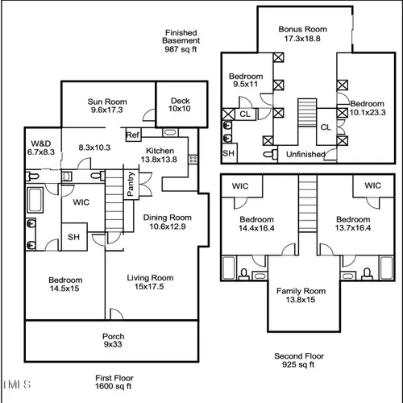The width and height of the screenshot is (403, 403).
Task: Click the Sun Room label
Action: pos(107,102)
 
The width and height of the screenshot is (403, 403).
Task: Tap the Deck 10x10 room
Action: pos(182,104)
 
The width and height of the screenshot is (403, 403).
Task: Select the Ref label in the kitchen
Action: pos(133,135)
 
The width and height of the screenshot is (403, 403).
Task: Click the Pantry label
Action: pos(131,184)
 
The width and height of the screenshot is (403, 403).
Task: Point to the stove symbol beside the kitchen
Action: pos(193,159)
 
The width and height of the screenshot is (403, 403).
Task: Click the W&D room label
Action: pos(41,143)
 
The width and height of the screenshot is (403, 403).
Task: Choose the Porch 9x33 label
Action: pos(113,340)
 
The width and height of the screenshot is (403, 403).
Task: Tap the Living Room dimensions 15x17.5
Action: pos(149,287)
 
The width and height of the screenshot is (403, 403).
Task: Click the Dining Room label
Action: pos(168,218)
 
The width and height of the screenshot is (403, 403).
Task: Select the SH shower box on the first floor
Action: pos(74,237)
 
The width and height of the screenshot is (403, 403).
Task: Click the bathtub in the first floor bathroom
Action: pos(35,200)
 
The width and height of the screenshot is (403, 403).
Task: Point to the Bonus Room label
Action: pos(303,29)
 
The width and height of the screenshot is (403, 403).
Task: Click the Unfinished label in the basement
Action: pos(305,154)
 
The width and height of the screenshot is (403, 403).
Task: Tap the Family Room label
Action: pos(301,291)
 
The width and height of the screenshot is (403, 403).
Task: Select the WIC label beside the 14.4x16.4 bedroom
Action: pos(240,186)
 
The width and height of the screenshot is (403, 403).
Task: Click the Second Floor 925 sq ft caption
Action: pos(299,360)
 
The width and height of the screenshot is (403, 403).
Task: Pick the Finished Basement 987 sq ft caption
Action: pos(181,41)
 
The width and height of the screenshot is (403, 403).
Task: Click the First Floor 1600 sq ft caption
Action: pos(114,382)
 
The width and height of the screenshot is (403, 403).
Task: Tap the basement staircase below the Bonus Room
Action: pos(307,112)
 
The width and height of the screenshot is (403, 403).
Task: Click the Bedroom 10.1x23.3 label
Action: pos(368,108)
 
